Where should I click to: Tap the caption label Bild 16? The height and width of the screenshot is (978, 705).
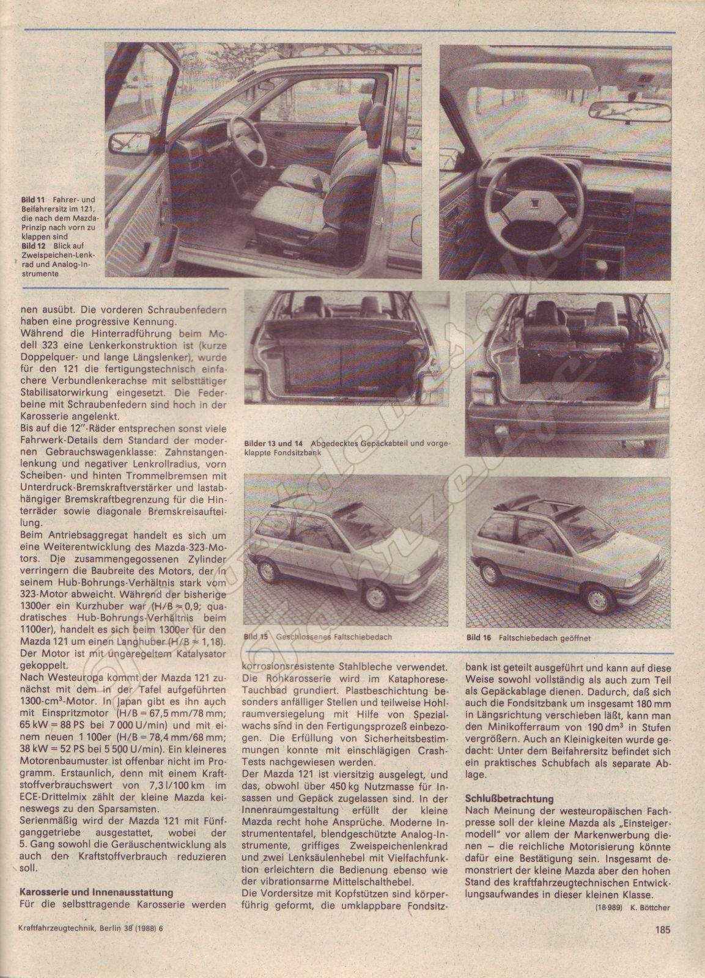click(x=479, y=638)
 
